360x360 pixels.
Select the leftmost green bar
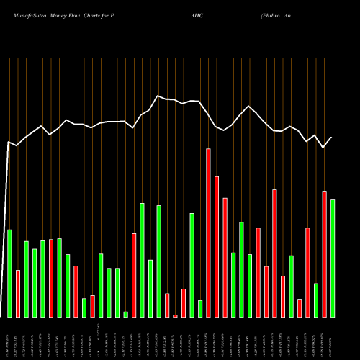click(x=9, y=273)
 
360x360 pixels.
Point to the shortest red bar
click(x=175, y=315)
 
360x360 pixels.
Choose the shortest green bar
click(x=125, y=314)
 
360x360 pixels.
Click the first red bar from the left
click(x=18, y=293)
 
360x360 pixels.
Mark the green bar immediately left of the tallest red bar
click(x=200, y=308)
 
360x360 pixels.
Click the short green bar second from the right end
click(x=316, y=300)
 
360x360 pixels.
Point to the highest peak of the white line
click(x=158, y=96)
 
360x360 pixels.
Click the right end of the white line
click(x=332, y=138)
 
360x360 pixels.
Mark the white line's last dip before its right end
click(x=323, y=147)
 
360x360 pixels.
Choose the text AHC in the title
click(x=197, y=13)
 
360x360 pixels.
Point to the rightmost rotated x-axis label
click(x=333, y=338)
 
